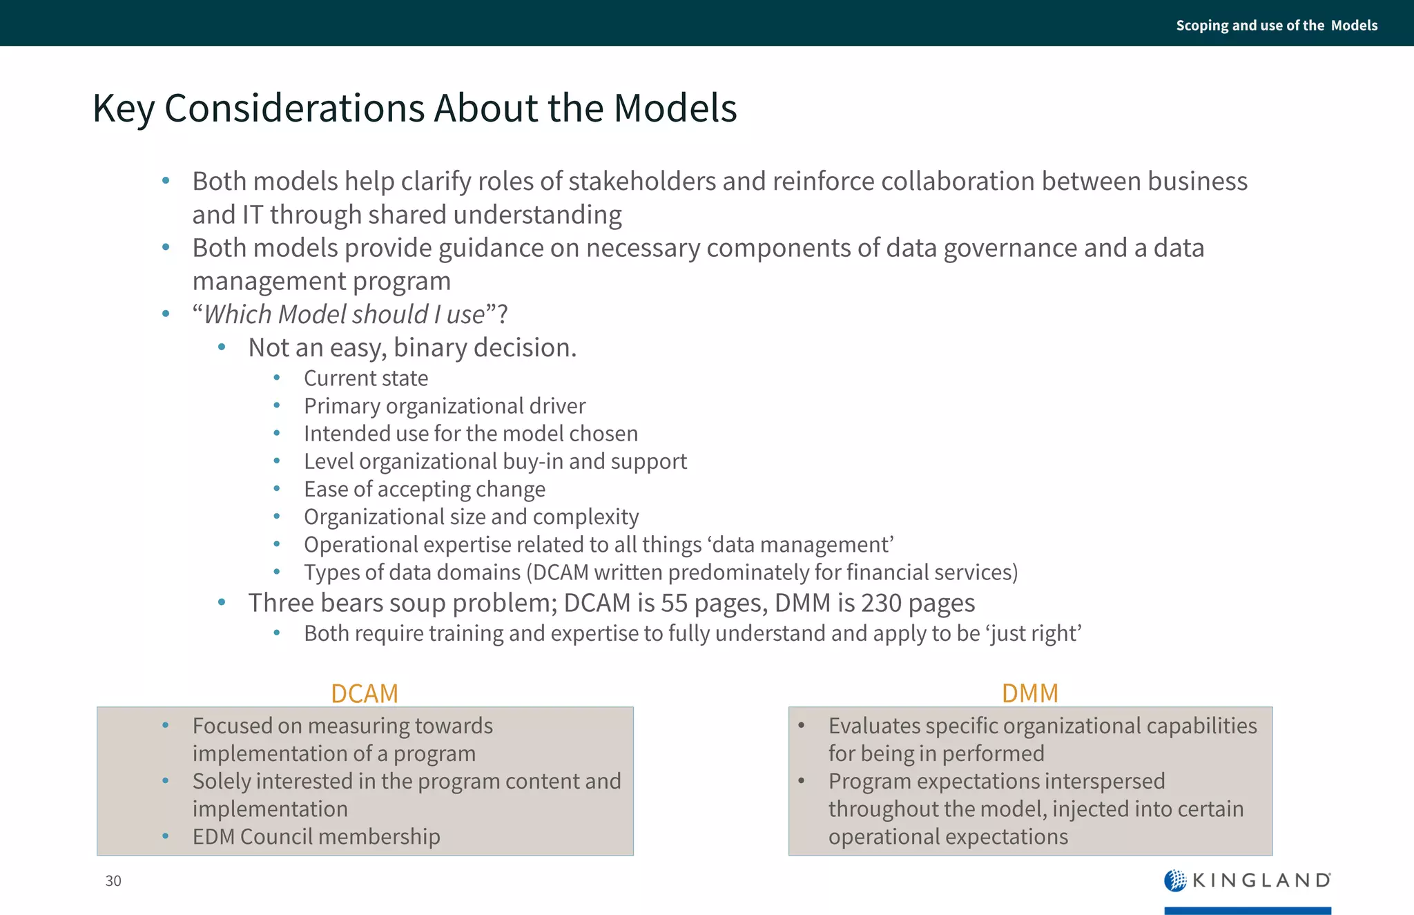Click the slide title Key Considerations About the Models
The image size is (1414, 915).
coord(414,108)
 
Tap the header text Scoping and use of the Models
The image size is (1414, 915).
coord(1276,26)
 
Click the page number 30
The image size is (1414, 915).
coord(113,880)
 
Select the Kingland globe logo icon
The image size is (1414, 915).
coord(1174,880)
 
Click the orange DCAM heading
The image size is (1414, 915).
coord(365,693)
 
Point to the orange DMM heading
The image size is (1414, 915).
coord(1029,693)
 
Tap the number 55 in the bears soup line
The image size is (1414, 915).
coord(675,604)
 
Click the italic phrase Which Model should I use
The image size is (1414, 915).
coord(345,315)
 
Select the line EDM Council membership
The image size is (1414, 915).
coord(316,837)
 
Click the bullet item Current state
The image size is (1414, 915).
coord(366,378)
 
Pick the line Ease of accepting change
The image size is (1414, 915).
coord(425,490)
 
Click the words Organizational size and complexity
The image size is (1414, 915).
coord(472,517)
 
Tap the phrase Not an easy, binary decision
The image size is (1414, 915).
coord(412,348)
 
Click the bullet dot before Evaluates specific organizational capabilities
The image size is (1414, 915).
coord(801,725)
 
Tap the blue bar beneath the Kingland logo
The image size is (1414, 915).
coord(1247,910)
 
